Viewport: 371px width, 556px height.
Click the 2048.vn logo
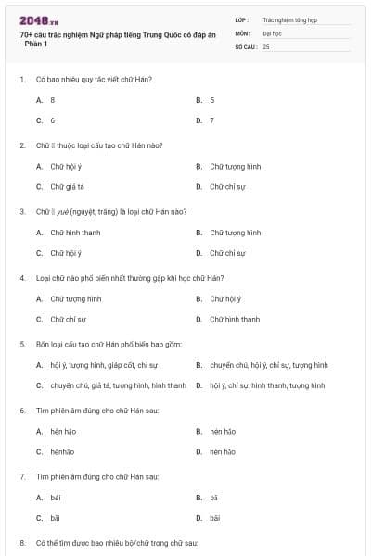[x=39, y=19]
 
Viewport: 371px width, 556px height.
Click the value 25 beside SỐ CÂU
[x=266, y=45]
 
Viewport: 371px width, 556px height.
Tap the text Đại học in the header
[x=272, y=32]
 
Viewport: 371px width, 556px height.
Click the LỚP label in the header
[x=242, y=19]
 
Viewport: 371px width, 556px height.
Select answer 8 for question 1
[x=53, y=99]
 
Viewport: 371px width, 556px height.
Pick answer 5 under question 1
[x=211, y=99]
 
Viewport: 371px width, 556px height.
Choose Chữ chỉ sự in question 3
[x=227, y=252]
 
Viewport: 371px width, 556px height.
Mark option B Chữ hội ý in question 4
[x=225, y=298]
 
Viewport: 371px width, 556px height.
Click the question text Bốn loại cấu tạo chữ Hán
[x=109, y=344]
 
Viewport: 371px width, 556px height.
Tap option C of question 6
[x=62, y=451]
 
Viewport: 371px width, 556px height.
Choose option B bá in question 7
[x=213, y=498]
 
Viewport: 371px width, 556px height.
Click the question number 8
[x=22, y=541]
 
